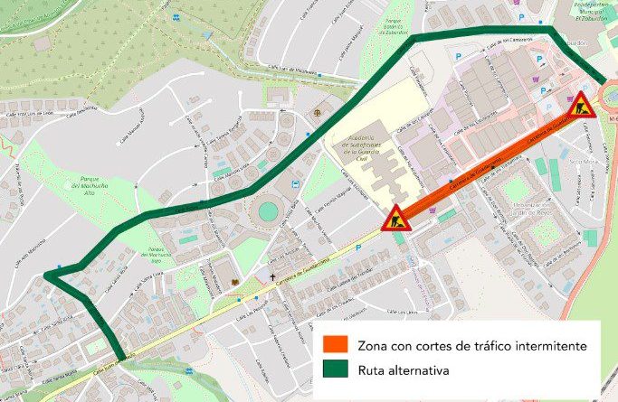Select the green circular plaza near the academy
pyautogui.click(x=268, y=211)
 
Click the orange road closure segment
pyautogui.click(x=489, y=162)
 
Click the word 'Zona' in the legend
pyautogui.click(x=374, y=345)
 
